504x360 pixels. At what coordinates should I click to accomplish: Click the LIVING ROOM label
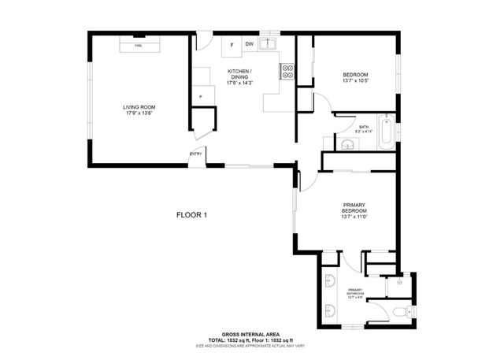138,109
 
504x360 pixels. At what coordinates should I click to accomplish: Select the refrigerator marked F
232,45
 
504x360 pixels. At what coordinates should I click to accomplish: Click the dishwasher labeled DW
250,44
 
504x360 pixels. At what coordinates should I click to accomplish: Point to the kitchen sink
269,44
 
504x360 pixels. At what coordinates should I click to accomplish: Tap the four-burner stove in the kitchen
287,72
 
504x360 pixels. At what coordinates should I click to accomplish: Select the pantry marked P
201,97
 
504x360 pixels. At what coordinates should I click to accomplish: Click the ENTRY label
195,154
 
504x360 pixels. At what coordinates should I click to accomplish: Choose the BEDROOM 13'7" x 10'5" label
355,77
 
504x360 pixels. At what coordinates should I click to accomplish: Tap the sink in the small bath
347,143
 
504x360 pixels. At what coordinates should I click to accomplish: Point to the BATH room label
364,129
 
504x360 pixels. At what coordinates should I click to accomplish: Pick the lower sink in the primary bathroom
328,310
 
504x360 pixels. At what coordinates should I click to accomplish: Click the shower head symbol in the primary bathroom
400,280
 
